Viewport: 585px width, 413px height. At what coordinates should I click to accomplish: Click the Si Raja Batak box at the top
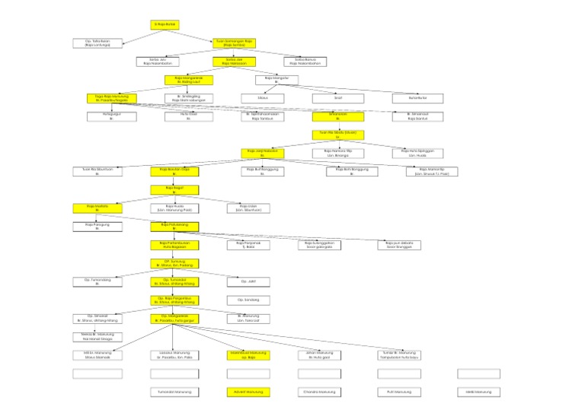[x=165, y=24]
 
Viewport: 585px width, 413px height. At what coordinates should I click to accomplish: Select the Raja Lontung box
[x=97, y=43]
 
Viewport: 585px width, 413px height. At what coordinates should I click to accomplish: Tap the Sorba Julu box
[x=158, y=62]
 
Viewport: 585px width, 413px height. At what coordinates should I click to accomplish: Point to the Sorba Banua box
[x=305, y=62]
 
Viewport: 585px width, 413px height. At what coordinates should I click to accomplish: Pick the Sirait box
[x=338, y=98]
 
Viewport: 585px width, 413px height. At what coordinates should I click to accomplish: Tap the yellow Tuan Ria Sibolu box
[x=338, y=135]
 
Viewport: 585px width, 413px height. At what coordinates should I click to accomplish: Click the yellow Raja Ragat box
[x=174, y=189]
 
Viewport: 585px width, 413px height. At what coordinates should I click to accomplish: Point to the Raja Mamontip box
[x=427, y=171]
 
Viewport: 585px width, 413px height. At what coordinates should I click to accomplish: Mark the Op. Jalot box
[x=249, y=281]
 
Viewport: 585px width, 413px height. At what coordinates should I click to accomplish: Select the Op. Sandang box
[x=249, y=300]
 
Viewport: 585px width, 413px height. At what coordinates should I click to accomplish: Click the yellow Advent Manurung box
[x=249, y=392]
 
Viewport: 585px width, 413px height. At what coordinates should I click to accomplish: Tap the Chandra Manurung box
[x=319, y=392]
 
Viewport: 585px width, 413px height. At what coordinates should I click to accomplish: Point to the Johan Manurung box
[x=319, y=354]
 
